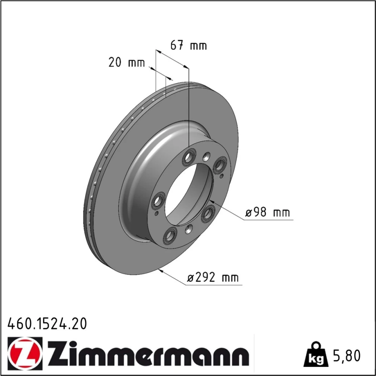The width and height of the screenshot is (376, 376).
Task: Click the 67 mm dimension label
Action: (x=188, y=45)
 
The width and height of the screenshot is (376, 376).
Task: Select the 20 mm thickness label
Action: (x=127, y=62)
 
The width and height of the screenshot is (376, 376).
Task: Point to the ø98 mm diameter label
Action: (x=268, y=212)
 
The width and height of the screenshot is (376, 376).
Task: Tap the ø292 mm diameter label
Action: (x=213, y=278)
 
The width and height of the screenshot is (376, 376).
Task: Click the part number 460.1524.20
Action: (x=47, y=324)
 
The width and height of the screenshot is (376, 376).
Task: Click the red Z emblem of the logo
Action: (x=25, y=352)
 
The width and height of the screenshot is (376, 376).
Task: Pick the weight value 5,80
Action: (x=347, y=356)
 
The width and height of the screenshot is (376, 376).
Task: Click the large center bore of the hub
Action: (x=189, y=194)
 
